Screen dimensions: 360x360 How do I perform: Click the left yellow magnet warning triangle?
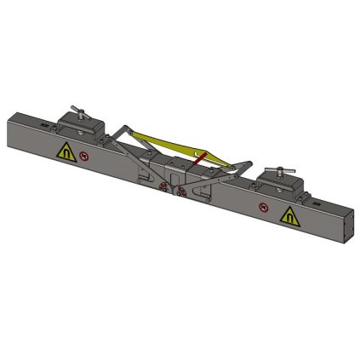pyautogui.click(x=65, y=153)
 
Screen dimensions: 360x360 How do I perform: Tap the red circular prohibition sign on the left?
pyautogui.click(x=84, y=157)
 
